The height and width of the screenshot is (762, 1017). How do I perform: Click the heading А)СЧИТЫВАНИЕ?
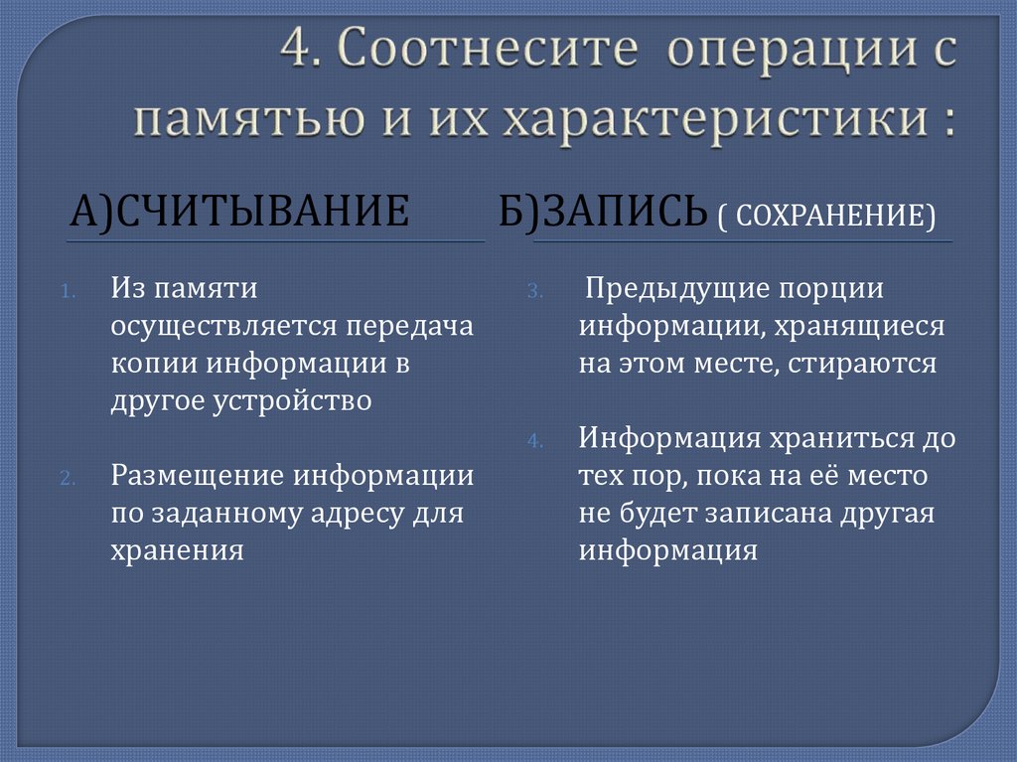pos(239,213)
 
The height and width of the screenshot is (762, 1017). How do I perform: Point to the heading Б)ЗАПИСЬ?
pos(603,213)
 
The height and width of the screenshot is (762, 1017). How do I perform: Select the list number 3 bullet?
pos(533,292)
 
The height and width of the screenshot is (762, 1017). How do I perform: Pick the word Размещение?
pos(196,476)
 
